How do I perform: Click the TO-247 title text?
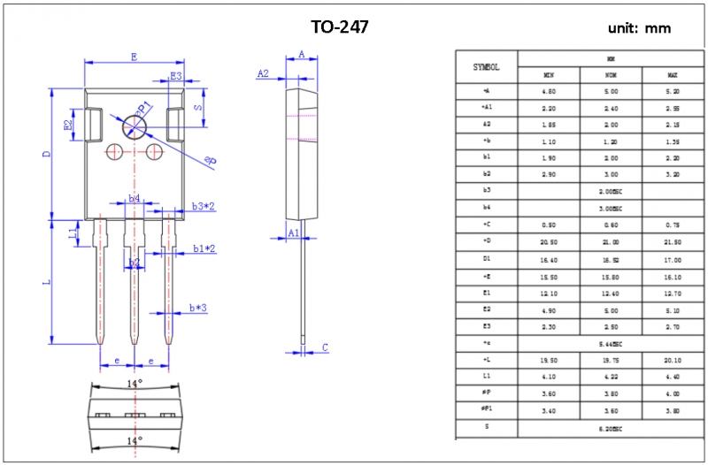point(340,27)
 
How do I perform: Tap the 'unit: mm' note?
point(639,28)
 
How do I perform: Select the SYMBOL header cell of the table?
point(486,66)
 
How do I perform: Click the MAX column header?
point(673,74)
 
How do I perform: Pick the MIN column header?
point(549,74)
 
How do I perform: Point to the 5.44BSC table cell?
point(611,343)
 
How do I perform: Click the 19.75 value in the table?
point(611,360)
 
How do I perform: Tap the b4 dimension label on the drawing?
point(134,199)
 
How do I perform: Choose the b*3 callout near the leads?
point(198,309)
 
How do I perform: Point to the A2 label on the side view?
point(263,73)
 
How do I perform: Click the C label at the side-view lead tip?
point(325,347)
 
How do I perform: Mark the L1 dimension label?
point(73,232)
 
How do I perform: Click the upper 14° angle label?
point(134,383)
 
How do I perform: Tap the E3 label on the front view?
point(176,77)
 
